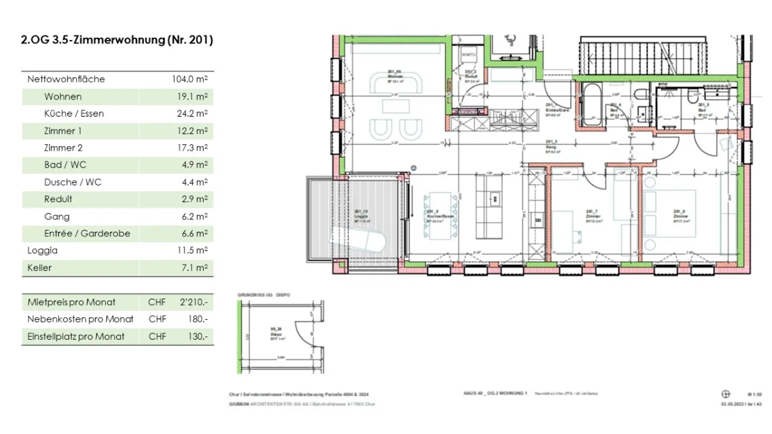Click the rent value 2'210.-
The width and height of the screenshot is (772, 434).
(194, 302)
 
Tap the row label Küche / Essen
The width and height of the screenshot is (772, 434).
(74, 114)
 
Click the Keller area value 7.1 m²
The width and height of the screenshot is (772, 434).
(195, 268)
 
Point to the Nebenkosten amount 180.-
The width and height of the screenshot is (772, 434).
(198, 319)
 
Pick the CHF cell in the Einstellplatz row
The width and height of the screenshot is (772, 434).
(157, 336)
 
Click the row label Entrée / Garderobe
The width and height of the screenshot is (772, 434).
(87, 234)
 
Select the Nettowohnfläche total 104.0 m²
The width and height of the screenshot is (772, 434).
(189, 79)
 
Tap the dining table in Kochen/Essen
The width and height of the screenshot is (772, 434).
(441, 218)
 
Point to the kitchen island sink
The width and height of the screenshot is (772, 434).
(494, 199)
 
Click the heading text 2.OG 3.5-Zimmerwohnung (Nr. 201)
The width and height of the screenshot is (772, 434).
(117, 40)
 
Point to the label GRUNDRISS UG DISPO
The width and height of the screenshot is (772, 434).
(263, 295)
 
